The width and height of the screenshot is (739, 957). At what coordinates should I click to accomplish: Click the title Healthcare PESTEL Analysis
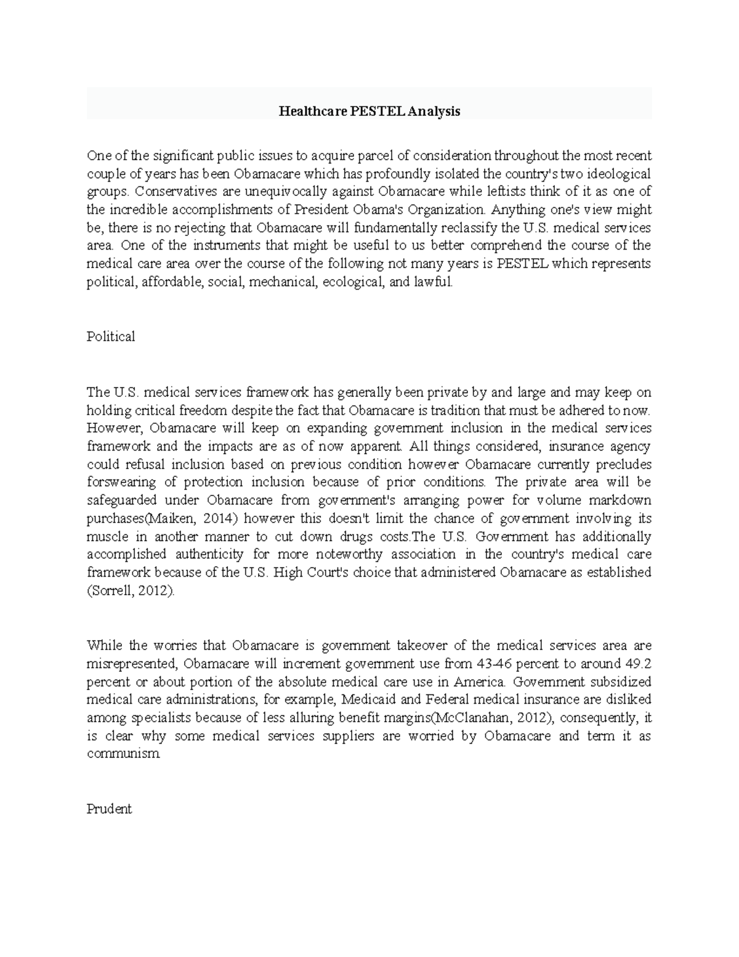coord(369,112)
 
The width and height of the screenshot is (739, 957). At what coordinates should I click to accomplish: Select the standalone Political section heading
coord(111,336)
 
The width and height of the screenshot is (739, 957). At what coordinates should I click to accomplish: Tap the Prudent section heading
coord(110,808)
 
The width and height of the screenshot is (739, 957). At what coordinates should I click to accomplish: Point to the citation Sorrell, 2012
coord(131,590)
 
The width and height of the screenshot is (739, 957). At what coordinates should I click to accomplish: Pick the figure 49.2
coord(636,664)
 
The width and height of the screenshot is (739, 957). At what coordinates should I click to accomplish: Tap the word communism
coord(123,754)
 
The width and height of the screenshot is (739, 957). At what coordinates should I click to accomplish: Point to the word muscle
coord(105,536)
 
